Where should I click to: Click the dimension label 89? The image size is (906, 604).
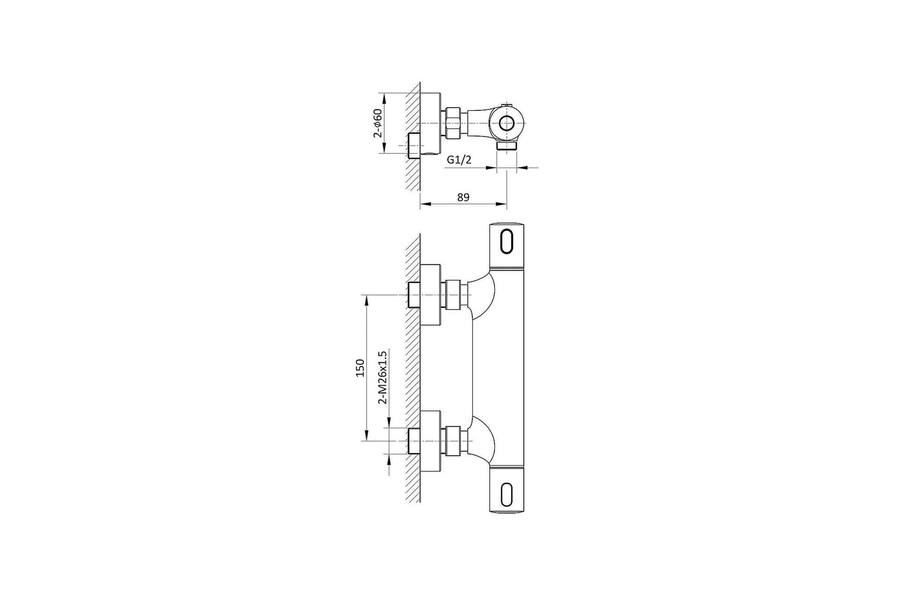(x=463, y=197)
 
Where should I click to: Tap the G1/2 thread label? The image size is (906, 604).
(x=459, y=160)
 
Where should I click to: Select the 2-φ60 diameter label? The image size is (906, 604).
(x=377, y=123)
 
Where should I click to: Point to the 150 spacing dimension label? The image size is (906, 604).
(x=360, y=368)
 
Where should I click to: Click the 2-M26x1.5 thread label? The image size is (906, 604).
(x=383, y=377)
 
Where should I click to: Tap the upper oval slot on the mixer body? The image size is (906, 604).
(x=507, y=242)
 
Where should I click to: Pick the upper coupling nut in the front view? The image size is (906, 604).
(x=453, y=295)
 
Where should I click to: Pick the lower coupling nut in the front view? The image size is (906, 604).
(x=453, y=441)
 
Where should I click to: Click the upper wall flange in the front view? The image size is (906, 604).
(x=430, y=295)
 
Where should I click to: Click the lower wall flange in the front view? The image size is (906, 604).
(x=430, y=441)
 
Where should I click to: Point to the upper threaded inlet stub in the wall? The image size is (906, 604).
(x=414, y=295)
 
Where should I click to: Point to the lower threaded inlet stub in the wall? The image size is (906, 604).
(x=414, y=441)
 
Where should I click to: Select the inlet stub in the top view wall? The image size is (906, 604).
(x=414, y=145)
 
